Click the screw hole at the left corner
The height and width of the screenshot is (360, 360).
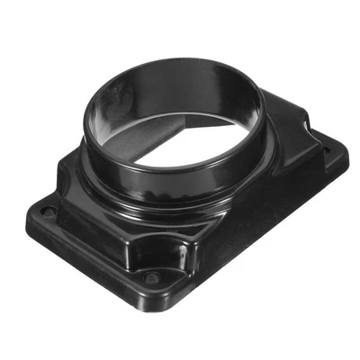click(x=48, y=211)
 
